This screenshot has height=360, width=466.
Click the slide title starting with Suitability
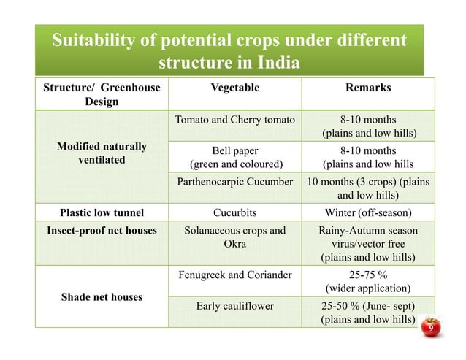click(x=226, y=50)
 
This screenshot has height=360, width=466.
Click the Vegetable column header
click(x=234, y=88)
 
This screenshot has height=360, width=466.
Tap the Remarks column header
click(x=369, y=88)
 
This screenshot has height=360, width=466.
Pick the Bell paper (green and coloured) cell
click(x=234, y=156)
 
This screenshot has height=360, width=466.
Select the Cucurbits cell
click(x=234, y=213)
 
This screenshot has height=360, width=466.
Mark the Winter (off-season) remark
click(x=369, y=213)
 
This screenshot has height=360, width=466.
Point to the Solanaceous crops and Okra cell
click(x=234, y=237)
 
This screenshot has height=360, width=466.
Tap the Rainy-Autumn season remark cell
click(x=369, y=244)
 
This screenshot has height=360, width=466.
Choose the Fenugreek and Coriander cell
click(x=234, y=275)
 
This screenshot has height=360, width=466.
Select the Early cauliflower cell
click(x=234, y=307)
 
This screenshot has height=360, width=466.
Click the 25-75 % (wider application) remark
click(x=369, y=282)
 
